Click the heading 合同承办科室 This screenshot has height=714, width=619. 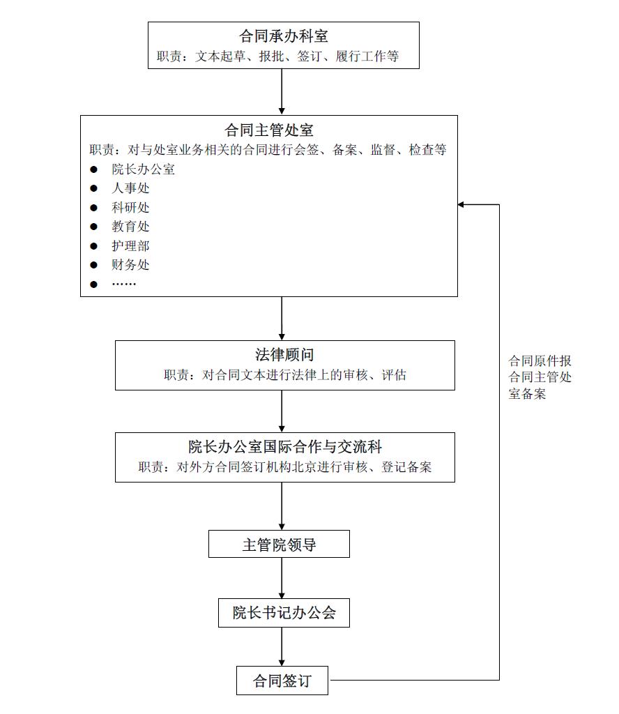(284, 36)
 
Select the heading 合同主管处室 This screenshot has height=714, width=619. (269, 130)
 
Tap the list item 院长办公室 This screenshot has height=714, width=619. (144, 169)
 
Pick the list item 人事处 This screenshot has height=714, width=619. (130, 188)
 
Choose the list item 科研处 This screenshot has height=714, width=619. (130, 208)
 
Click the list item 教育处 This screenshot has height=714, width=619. (130, 227)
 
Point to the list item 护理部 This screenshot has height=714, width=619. (130, 246)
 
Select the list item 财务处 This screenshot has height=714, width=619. (130, 264)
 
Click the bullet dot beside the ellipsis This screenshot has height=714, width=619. (94, 284)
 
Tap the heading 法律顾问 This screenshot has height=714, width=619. (284, 355)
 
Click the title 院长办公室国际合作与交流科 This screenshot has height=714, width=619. (285, 447)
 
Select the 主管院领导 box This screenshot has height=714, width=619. (279, 544)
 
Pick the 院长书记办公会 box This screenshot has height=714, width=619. (284, 613)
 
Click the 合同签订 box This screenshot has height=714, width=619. (282, 681)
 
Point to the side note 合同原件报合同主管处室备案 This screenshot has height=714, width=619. (540, 377)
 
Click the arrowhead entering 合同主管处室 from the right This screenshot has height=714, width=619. (461, 204)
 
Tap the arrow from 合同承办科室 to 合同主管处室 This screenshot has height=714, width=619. (282, 91)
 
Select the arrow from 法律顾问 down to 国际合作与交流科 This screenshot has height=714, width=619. (282, 411)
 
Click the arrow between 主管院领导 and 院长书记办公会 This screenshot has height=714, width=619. (282, 578)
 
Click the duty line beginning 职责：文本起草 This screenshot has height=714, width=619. (277, 56)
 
